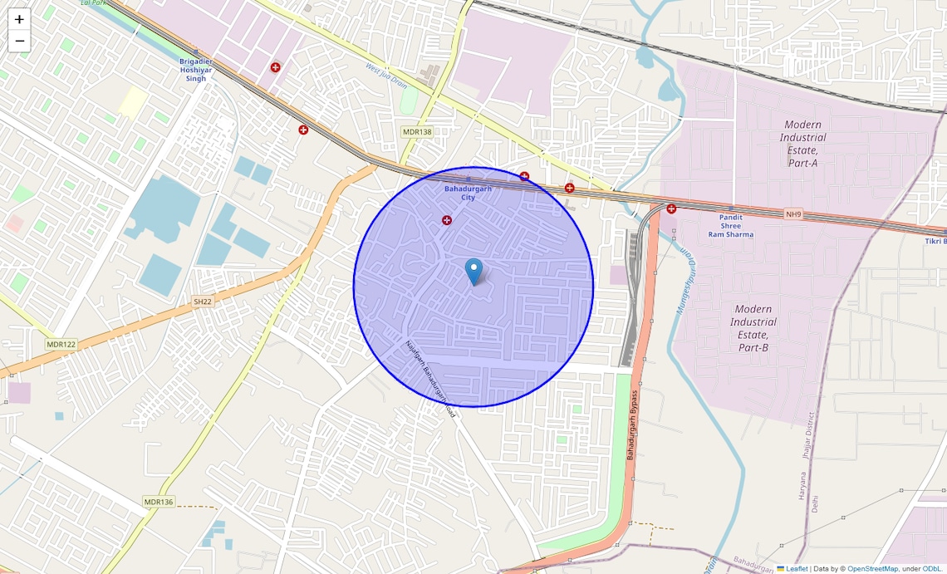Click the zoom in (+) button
click(19, 19)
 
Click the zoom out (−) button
click(19, 41)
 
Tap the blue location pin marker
click(473, 271)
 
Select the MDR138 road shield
click(417, 132)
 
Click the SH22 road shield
click(203, 302)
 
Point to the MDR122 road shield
click(61, 344)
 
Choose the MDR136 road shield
click(158, 502)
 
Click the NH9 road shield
click(793, 214)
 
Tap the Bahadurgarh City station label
click(468, 193)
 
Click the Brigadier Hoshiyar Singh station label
click(196, 70)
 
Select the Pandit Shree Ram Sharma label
click(731, 226)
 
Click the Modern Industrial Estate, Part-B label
click(753, 328)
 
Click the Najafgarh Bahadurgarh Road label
click(430, 378)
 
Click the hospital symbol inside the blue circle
click(447, 220)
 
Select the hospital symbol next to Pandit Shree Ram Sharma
click(671, 209)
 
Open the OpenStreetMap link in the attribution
click(871, 568)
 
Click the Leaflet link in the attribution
click(797, 568)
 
